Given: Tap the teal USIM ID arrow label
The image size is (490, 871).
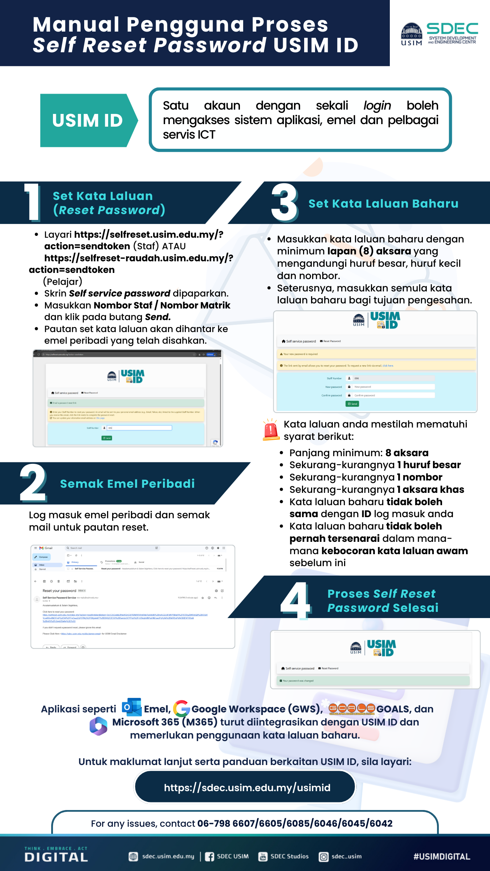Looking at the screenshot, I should tap(87, 120).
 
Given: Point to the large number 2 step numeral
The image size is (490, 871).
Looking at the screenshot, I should tap(33, 483).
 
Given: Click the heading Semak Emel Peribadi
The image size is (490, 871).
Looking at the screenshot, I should tap(127, 484).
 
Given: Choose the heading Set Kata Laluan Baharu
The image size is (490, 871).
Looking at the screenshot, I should tap(383, 204).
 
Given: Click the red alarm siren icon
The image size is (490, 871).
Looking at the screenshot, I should tap(271, 430).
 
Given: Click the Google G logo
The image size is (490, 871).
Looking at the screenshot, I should tap(181, 708).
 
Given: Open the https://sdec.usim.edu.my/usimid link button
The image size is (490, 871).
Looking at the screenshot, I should tap(245, 787).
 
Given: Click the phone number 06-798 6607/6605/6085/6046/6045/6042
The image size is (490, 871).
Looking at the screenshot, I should tap(295, 823).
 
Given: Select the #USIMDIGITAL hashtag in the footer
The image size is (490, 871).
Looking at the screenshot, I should tap(442, 856).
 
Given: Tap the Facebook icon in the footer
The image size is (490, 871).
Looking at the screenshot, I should tap(209, 856).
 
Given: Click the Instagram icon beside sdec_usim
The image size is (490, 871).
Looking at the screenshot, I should tap(323, 857).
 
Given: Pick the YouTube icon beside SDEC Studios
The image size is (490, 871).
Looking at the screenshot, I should tap(263, 856).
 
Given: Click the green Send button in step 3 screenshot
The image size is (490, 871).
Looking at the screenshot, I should tap(352, 404).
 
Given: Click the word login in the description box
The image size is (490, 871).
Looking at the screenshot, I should tap(377, 106).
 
